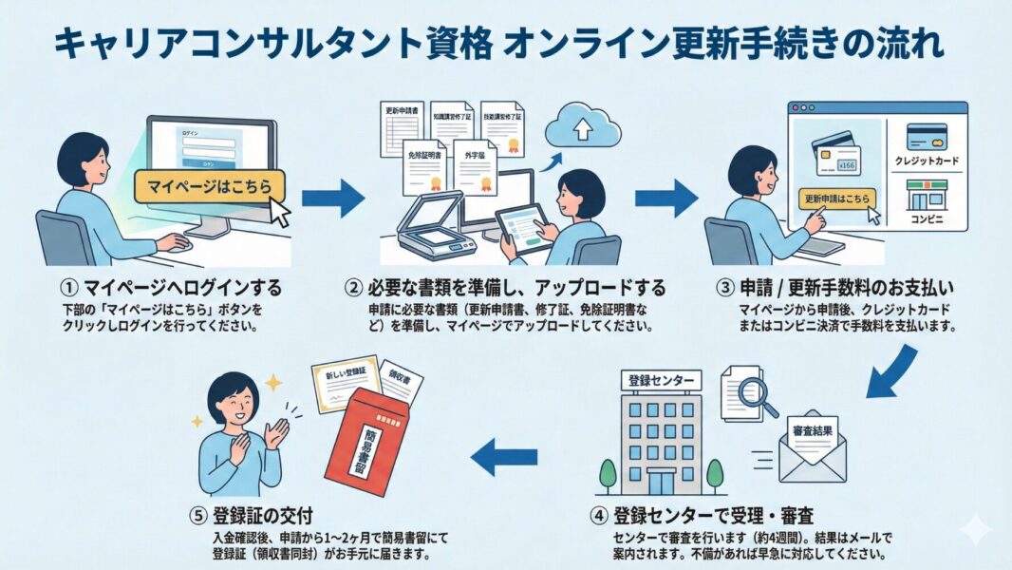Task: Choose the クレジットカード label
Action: click(927, 162)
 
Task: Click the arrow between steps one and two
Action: click(332, 198)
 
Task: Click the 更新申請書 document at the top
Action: click(403, 128)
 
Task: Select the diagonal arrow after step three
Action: click(892, 370)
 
